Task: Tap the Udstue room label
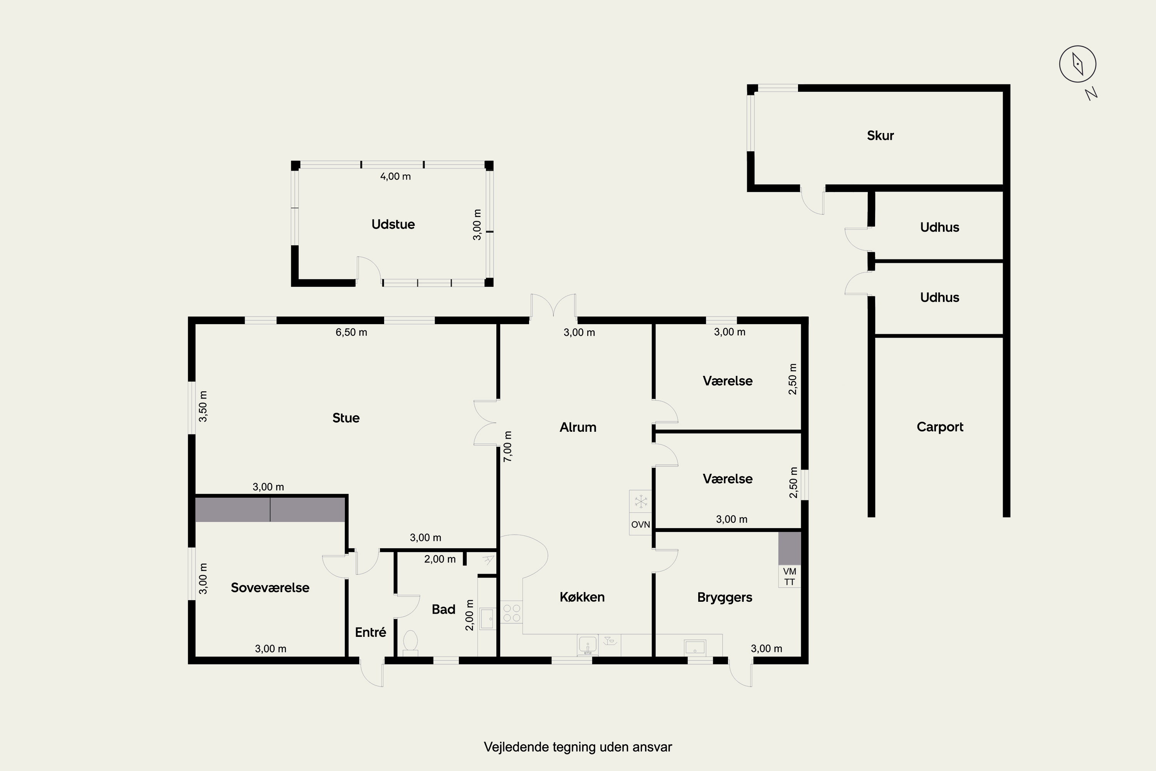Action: pos(393,224)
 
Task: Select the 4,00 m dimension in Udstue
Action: pos(395,176)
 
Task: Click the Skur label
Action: pos(880,135)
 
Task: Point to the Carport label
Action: pos(940,427)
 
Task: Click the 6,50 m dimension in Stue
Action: pos(351,332)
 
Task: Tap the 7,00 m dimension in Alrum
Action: pos(508,446)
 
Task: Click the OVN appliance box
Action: pos(640,524)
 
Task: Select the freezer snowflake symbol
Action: pos(640,502)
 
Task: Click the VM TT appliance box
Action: pos(789,576)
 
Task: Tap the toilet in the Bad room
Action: pos(410,643)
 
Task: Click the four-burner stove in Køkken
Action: pos(511,612)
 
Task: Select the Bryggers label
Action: pos(724,598)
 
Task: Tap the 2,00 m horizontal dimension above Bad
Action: pos(440,559)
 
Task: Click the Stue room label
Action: pos(346,418)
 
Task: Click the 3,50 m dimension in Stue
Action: pos(203,406)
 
